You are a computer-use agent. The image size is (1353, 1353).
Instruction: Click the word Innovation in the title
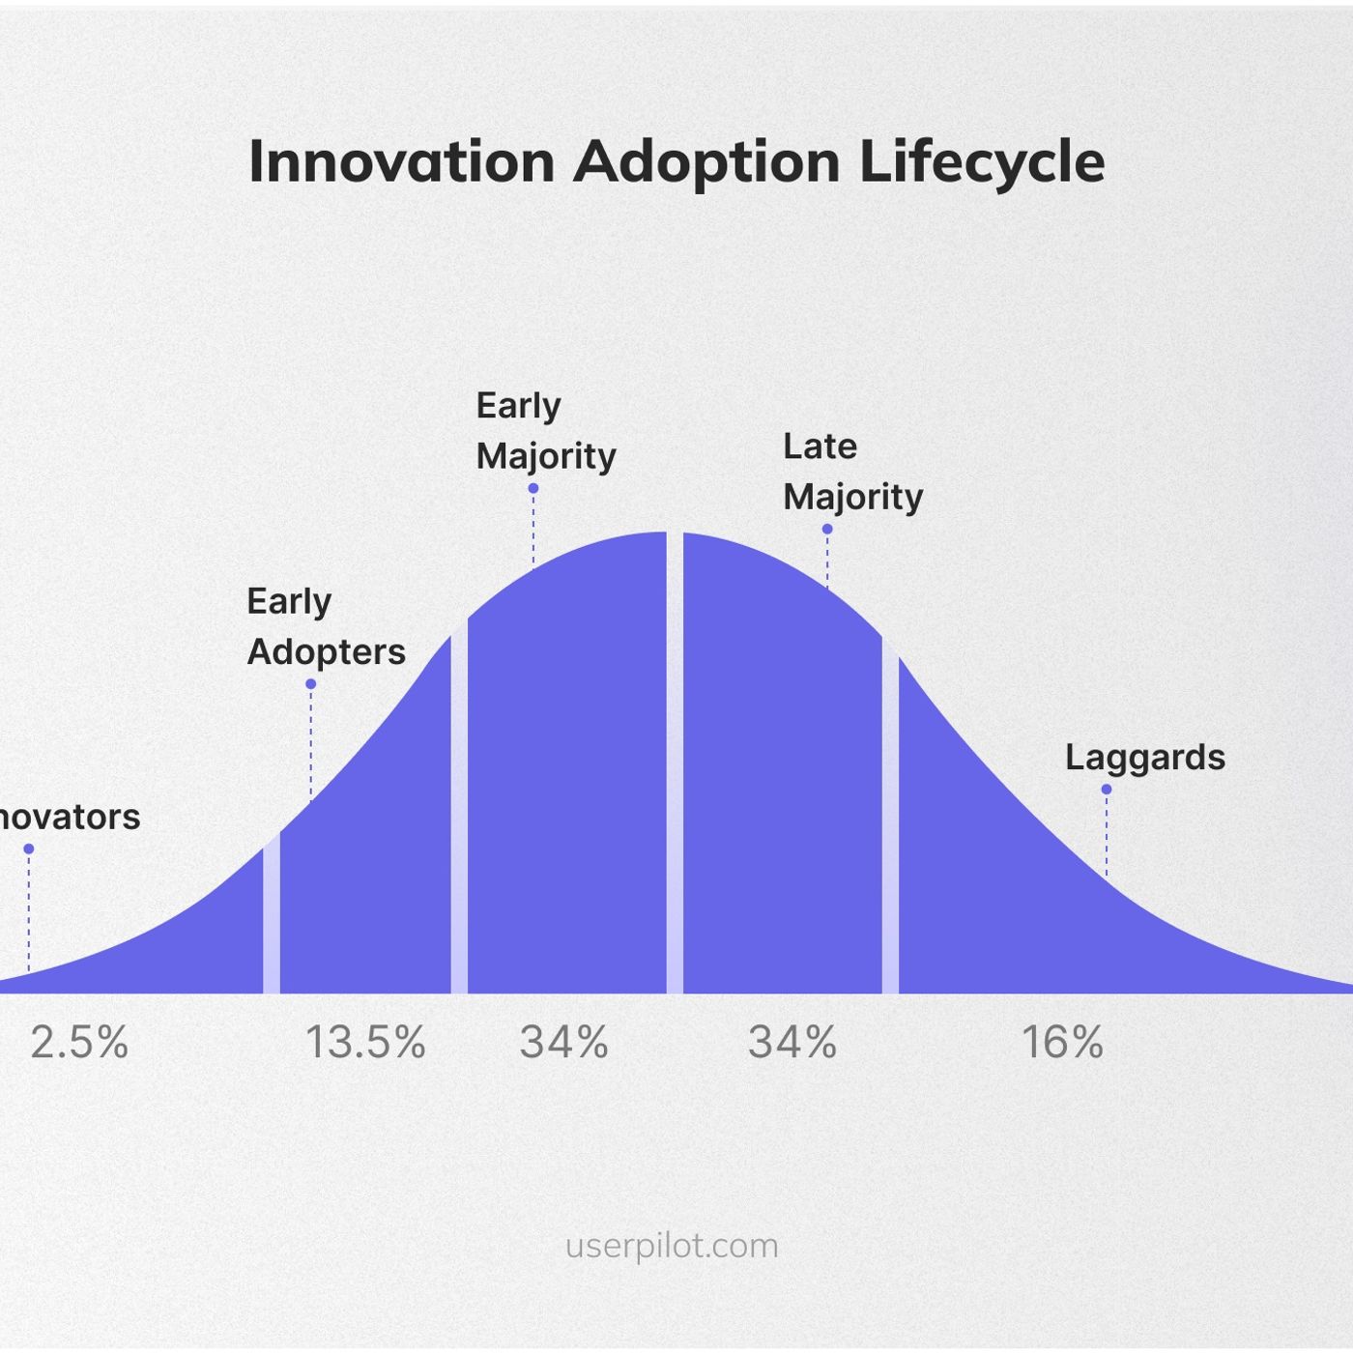[401, 161]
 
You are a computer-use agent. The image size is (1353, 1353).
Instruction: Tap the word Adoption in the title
[706, 161]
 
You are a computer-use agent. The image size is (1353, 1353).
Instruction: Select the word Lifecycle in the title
[981, 161]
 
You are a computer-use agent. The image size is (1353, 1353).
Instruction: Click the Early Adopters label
[326, 626]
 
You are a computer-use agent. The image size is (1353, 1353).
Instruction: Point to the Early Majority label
[545, 430]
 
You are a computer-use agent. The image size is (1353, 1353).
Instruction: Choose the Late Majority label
[852, 472]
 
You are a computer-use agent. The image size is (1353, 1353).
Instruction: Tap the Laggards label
[1144, 757]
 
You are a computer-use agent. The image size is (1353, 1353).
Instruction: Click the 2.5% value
[79, 1043]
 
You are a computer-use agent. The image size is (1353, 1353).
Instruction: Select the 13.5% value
[365, 1043]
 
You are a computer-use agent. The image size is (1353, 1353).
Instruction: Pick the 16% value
[1062, 1043]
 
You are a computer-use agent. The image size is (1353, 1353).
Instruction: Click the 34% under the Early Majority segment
[563, 1043]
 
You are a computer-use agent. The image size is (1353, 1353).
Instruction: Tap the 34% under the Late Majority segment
[792, 1043]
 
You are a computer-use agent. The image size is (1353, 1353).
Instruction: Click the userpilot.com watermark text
[672, 1246]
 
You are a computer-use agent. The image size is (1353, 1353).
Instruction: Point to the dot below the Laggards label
[1107, 790]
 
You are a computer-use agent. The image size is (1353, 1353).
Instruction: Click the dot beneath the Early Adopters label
[311, 684]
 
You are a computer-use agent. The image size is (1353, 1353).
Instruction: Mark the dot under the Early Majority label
[533, 489]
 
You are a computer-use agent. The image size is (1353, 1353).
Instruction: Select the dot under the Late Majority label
[827, 530]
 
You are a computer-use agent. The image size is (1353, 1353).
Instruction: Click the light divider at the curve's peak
[675, 763]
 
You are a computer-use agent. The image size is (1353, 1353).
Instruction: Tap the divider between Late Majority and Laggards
[890, 821]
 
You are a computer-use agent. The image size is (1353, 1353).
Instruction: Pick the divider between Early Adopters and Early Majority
[459, 812]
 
